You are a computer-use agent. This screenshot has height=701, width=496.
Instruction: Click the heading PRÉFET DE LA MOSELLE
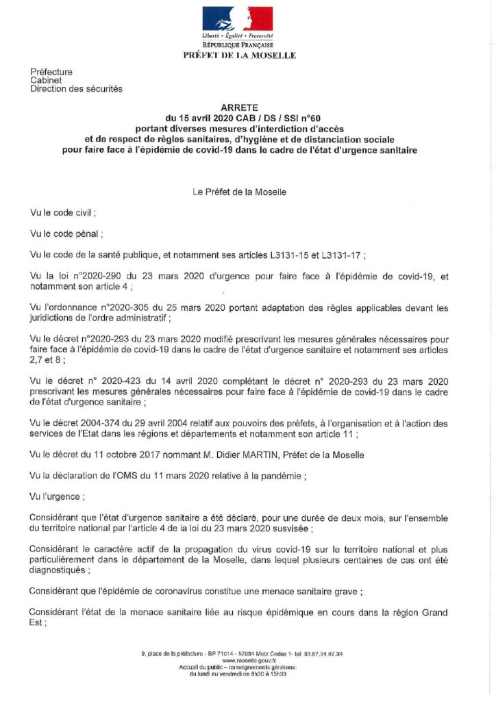[x=240, y=55]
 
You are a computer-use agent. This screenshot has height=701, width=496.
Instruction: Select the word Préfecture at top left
[x=51, y=72]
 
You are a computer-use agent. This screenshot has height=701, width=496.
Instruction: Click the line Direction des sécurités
[x=77, y=89]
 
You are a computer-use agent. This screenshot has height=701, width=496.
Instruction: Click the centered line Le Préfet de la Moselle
[x=240, y=192]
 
